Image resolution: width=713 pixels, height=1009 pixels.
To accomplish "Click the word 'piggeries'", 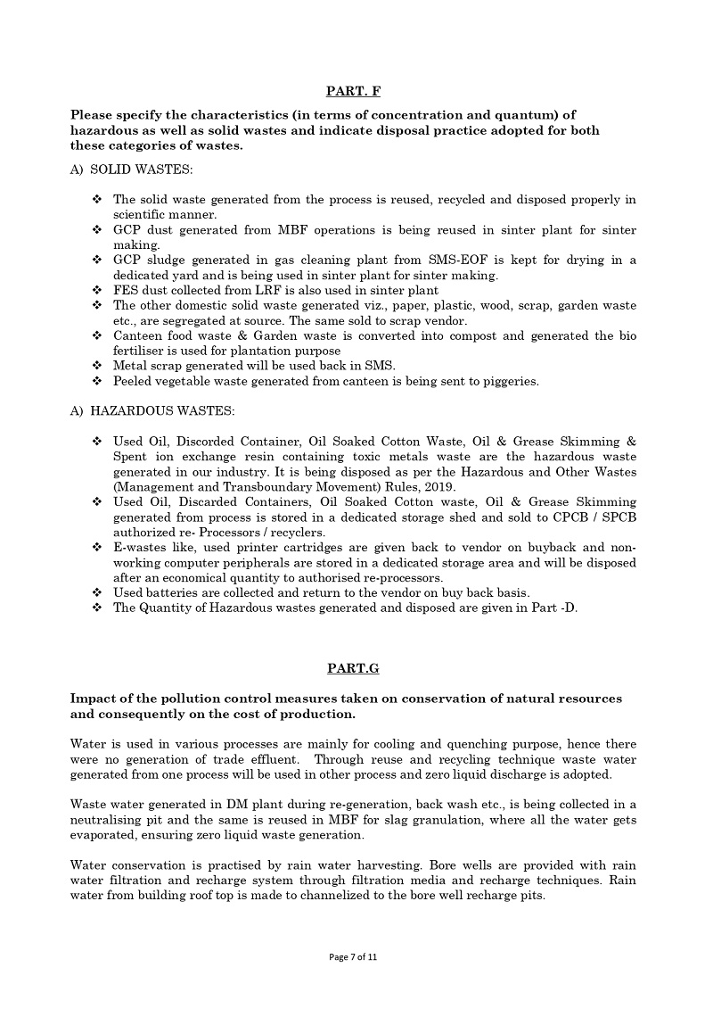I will tap(509, 381).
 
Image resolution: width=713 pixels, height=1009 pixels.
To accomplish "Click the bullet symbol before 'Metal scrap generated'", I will tap(97, 366).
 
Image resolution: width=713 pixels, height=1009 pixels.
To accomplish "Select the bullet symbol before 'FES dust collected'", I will tap(97, 290).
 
